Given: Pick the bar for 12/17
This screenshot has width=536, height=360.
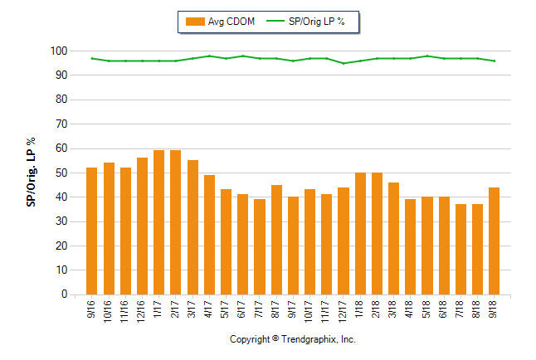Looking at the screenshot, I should click(x=343, y=241).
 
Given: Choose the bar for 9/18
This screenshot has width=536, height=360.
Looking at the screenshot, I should click(x=494, y=241).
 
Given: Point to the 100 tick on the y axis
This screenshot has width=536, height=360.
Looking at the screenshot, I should click(x=57, y=51).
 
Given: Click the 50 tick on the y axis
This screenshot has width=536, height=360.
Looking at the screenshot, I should click(x=61, y=173).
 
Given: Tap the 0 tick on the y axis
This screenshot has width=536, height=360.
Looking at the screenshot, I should click(x=63, y=294).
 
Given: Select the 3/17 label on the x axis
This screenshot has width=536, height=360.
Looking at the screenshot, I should click(x=192, y=309).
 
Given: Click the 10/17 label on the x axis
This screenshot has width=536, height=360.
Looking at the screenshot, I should click(x=309, y=310).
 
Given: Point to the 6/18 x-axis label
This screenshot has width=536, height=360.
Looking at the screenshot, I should click(x=444, y=309).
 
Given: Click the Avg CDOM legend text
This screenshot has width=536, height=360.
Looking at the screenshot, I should click(x=231, y=22).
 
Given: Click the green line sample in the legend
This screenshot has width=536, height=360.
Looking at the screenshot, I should click(x=275, y=22).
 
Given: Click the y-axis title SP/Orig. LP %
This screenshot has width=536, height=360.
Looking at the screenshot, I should click(x=32, y=173).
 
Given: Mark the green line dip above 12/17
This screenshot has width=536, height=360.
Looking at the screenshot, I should click(x=343, y=63).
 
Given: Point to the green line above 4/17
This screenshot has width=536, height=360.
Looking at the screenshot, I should click(x=209, y=56).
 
